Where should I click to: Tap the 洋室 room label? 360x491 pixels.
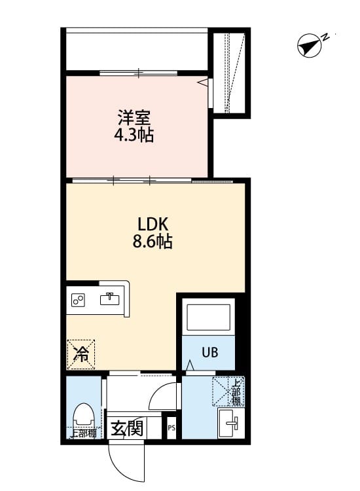(135, 118)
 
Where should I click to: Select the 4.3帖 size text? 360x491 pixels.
(134, 136)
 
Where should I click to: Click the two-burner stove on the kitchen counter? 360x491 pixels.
(79, 300)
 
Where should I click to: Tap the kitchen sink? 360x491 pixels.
(109, 299)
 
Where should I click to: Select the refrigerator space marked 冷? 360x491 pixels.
(82, 354)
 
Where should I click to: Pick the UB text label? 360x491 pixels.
(209, 352)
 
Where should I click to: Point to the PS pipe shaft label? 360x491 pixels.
(171, 429)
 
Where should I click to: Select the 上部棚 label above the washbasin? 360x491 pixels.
(234, 392)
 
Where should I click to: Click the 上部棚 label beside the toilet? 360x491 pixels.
(83, 433)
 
